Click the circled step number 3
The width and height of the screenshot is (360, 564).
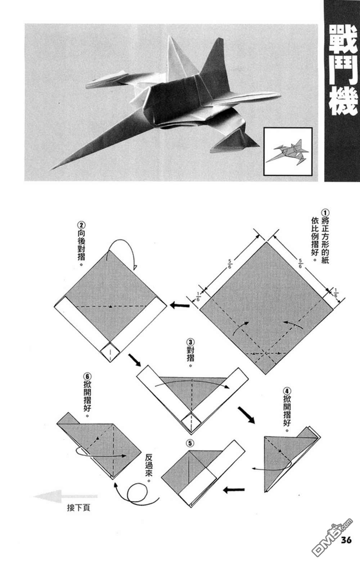pyautogui.click(x=191, y=341)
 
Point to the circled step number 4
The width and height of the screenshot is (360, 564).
pyautogui.click(x=287, y=391)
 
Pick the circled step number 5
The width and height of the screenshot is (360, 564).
pyautogui.click(x=190, y=442)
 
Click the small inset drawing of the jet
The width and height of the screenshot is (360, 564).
pyautogui.click(x=288, y=151)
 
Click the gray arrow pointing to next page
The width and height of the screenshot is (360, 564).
pyautogui.click(x=65, y=496)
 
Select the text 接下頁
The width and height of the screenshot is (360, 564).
pyautogui.click(x=78, y=508)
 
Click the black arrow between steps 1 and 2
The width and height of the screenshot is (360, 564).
pyautogui.click(x=180, y=306)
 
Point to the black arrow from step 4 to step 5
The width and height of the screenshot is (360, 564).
pyautogui.click(x=234, y=490)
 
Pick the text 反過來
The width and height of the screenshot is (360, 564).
pyautogui.click(x=148, y=468)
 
